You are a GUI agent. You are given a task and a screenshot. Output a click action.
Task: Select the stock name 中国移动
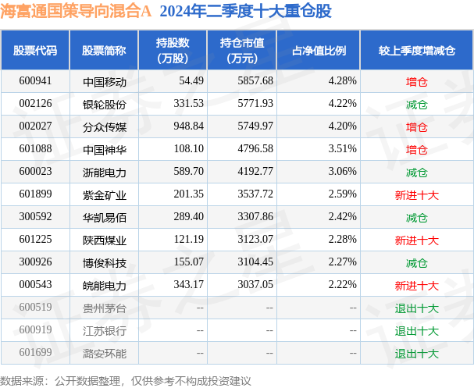point(104,80)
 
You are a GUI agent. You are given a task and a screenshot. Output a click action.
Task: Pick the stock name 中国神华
point(104,148)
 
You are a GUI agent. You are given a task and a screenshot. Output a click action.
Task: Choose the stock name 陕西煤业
point(104,240)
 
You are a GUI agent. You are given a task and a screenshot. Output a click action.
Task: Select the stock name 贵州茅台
point(104,308)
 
